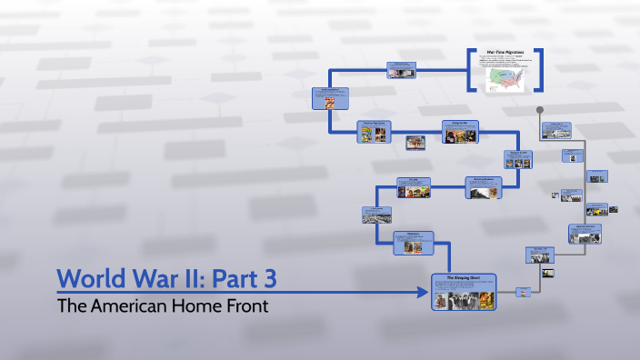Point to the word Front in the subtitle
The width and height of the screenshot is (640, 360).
point(245,306)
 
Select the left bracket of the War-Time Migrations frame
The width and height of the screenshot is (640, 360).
point(473,70)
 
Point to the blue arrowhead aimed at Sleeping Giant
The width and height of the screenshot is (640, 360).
point(423,292)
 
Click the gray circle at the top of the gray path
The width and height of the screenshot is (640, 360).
point(540,110)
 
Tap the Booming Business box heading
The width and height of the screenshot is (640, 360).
point(483,179)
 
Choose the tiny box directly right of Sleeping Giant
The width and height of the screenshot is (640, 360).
point(524,292)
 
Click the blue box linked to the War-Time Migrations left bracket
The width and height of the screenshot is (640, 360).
point(401,69)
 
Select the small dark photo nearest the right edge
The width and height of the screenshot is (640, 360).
point(614,209)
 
